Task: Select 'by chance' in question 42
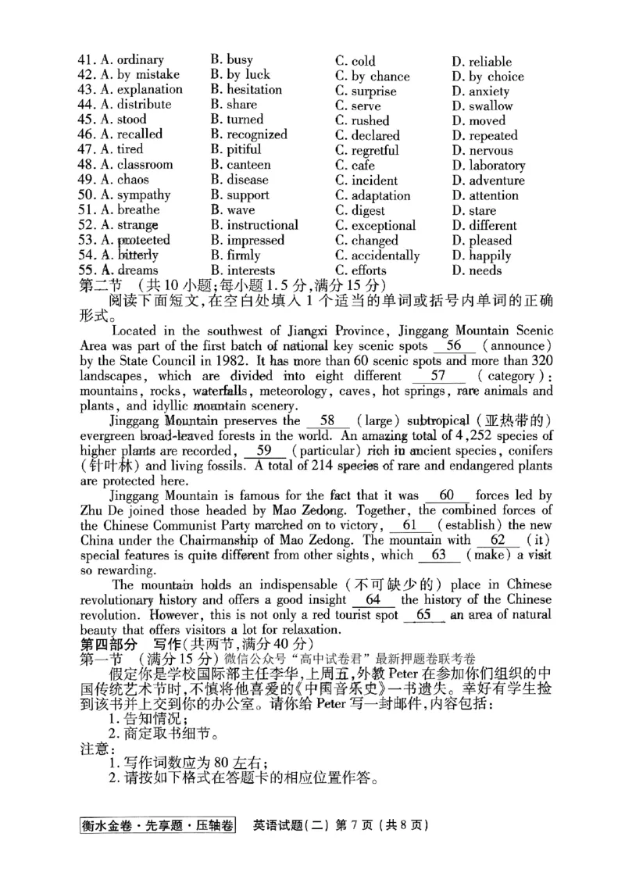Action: click(373, 77)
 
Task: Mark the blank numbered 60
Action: click(447, 495)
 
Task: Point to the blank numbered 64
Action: click(373, 600)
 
